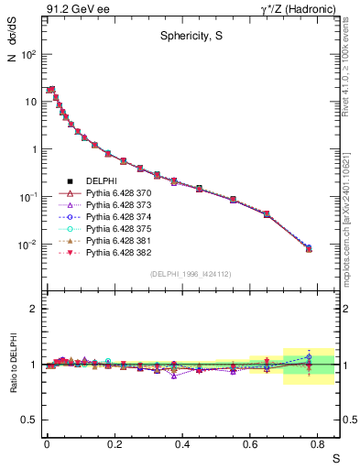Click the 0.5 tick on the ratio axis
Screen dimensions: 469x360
point(32,420)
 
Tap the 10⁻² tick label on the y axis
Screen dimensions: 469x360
point(27,245)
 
